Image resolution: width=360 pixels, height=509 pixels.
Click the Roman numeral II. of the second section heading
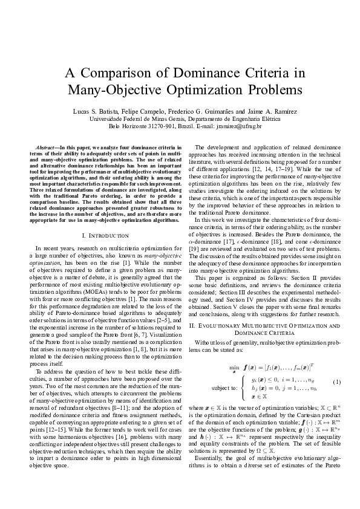point(193,327)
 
